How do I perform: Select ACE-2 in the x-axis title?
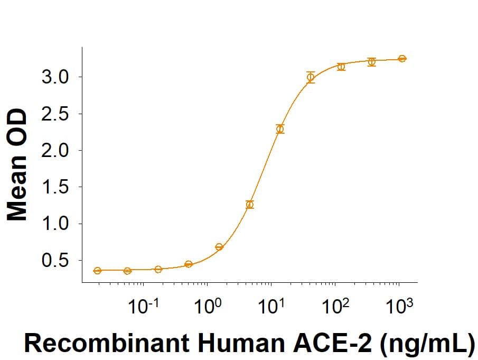pos(338,344)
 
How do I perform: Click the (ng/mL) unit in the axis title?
pos(428,344)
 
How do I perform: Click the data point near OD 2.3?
pos(280,129)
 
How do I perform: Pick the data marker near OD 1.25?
pos(250,205)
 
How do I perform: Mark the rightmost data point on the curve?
pos(402,59)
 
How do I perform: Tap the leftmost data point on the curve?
pos(97,271)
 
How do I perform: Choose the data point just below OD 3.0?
pos(311,77)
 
